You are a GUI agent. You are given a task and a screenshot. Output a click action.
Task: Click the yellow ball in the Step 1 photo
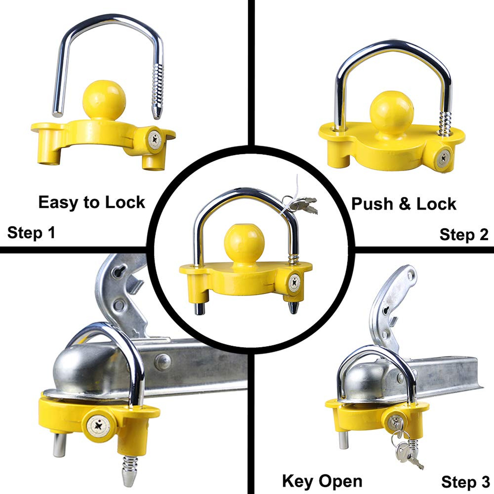pos(104,100)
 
